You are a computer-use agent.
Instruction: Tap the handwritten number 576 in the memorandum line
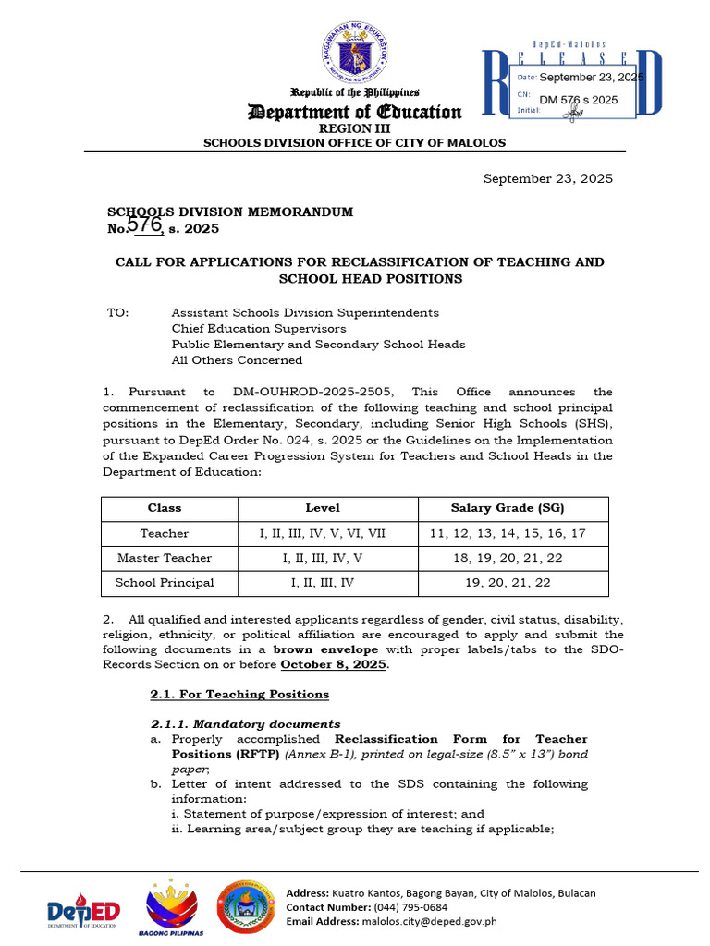(144, 224)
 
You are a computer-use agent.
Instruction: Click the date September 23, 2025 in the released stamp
(591, 78)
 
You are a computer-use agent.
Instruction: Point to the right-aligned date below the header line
(548, 179)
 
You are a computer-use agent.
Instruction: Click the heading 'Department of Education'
(354, 113)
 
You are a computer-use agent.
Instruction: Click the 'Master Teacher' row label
(165, 558)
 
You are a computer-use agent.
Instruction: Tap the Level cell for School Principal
(323, 583)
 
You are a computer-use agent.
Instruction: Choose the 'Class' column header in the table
(165, 508)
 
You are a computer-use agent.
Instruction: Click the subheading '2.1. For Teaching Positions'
(239, 694)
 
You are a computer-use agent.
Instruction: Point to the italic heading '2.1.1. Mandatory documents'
(245, 724)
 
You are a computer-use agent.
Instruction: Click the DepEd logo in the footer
(84, 912)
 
